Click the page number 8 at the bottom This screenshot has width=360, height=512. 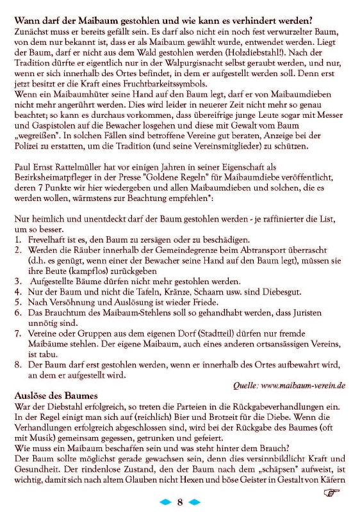tap(181, 502)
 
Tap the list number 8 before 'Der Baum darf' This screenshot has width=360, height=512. tap(18, 364)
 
